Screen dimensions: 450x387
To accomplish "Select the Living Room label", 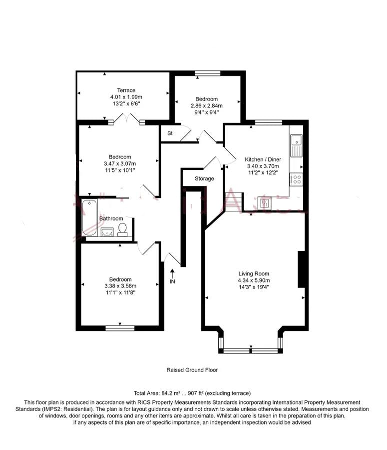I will click(254, 273).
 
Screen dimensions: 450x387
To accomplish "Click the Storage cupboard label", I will click(204, 178).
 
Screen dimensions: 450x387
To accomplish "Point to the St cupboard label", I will click(170, 133).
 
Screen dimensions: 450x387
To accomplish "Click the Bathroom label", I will click(111, 218).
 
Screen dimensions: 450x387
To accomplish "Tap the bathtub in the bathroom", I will click(90, 217).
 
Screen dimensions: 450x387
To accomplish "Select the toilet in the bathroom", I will click(122, 229).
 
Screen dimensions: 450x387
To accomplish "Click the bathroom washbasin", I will click(107, 231).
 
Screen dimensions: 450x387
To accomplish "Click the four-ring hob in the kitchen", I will click(296, 178).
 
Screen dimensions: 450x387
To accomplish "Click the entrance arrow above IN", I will click(172, 273).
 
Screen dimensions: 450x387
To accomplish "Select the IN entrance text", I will click(172, 282).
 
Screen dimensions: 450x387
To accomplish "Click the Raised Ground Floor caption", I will click(192, 370).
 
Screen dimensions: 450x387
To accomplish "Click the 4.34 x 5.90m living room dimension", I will click(254, 280).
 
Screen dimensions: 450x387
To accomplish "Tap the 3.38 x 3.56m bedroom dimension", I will click(120, 286).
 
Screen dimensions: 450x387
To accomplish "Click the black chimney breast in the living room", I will click(301, 269).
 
